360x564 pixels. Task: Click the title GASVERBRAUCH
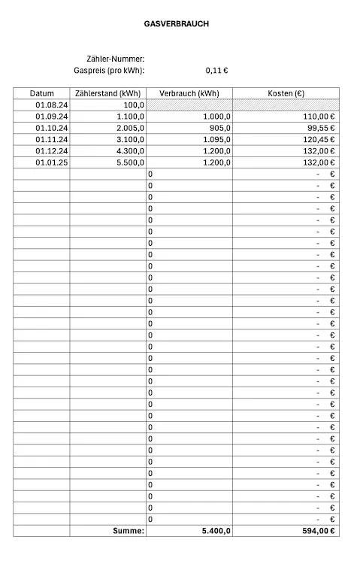click(x=177, y=24)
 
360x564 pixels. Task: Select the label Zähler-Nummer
click(x=116, y=59)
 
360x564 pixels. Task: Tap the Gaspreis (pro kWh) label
click(x=109, y=71)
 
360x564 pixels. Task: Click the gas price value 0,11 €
click(x=216, y=71)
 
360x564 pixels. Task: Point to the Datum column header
click(x=42, y=93)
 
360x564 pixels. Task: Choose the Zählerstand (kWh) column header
click(x=108, y=93)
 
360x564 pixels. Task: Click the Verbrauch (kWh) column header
click(x=189, y=93)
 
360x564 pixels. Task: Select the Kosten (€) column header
click(x=286, y=93)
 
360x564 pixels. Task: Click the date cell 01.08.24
click(x=52, y=105)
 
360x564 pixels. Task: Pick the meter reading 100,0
click(x=134, y=105)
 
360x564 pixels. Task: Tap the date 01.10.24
click(x=52, y=128)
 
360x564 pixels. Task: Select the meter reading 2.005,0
click(x=131, y=128)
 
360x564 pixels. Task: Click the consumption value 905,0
click(x=217, y=128)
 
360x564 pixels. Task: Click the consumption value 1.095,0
click(x=214, y=139)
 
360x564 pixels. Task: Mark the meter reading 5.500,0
click(x=131, y=162)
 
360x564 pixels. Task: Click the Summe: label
click(x=128, y=531)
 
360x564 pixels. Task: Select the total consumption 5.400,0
click(x=216, y=531)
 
